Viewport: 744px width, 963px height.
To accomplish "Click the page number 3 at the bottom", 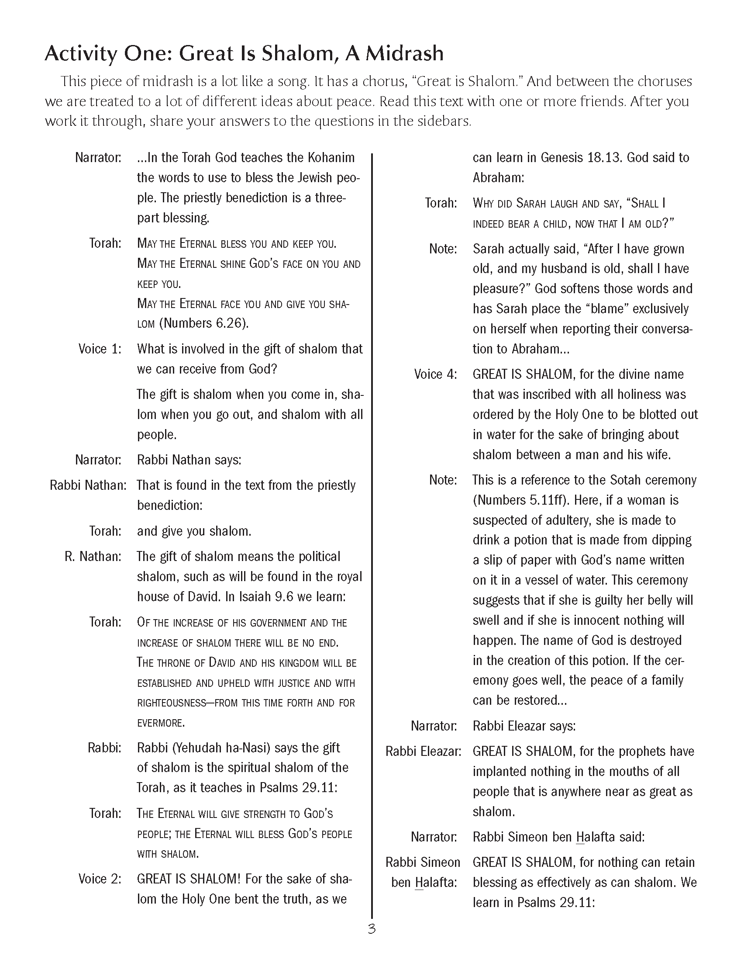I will (x=371, y=929).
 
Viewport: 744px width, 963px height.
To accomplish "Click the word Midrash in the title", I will (x=404, y=53).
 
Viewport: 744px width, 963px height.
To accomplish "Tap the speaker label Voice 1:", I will (x=100, y=349).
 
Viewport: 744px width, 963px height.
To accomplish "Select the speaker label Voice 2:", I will (x=100, y=879).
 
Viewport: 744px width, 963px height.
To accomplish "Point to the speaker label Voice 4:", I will (x=435, y=374).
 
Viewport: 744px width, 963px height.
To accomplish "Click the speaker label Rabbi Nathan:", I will (x=88, y=485).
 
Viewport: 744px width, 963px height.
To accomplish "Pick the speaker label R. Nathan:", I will (x=93, y=557).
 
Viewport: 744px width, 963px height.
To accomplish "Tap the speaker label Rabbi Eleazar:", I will (x=424, y=752).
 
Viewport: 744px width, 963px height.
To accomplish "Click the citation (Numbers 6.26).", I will (x=204, y=323).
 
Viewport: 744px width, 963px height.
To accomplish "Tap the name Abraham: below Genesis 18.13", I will (x=498, y=178).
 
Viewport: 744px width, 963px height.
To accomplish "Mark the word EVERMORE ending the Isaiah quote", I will (x=160, y=723).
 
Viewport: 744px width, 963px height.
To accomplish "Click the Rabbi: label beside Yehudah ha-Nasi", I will (x=104, y=748).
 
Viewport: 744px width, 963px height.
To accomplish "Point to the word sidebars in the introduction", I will (x=442, y=121).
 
